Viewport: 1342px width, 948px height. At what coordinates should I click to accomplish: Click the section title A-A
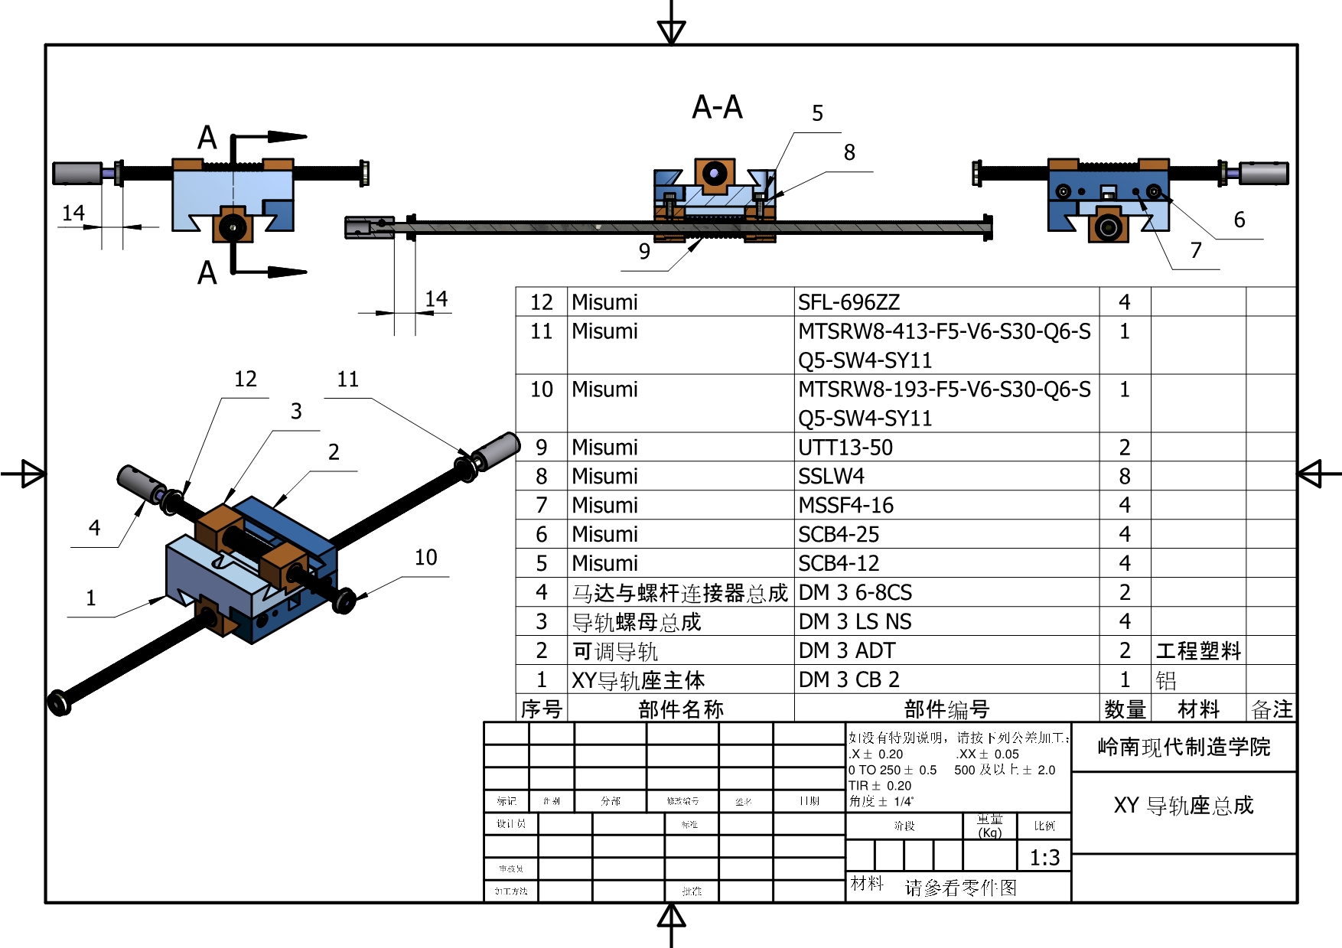click(x=717, y=107)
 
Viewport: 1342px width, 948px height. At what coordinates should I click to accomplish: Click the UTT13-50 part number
click(x=845, y=448)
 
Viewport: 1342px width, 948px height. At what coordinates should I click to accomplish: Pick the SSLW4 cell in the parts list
click(x=831, y=477)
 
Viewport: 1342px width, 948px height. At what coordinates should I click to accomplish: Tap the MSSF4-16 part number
click(x=845, y=506)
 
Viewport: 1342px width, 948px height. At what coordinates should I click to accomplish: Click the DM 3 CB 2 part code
click(x=849, y=679)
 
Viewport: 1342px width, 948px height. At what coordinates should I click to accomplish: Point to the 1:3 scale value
click(x=1044, y=858)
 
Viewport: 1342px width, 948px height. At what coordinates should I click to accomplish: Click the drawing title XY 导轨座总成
click(x=1183, y=806)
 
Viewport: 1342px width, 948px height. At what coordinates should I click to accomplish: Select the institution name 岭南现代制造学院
click(x=1183, y=747)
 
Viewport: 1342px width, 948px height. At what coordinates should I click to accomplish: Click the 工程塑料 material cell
click(x=1197, y=651)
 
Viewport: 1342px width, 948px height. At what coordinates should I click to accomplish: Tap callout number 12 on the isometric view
click(x=246, y=379)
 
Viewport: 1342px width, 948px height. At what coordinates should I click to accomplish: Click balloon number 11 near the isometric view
click(x=348, y=379)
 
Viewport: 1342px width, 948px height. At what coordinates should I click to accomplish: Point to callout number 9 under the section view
click(x=644, y=251)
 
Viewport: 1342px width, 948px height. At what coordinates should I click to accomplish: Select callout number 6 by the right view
click(x=1239, y=220)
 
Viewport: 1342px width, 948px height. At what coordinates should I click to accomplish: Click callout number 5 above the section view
click(x=817, y=113)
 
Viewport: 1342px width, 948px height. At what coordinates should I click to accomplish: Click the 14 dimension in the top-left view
click(x=73, y=213)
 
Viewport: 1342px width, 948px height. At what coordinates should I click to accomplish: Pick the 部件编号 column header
click(x=946, y=709)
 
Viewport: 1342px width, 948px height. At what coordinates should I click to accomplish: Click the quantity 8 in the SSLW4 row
click(x=1124, y=477)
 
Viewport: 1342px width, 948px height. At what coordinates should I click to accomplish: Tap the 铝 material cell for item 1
click(x=1165, y=680)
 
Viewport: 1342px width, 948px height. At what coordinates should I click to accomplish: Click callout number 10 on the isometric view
click(x=426, y=557)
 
